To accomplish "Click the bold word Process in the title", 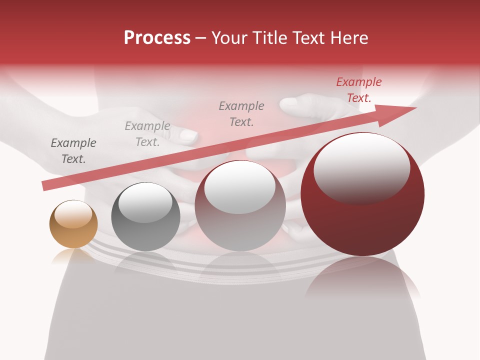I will (x=157, y=38).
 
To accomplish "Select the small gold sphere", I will (x=73, y=224).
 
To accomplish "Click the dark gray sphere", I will (x=145, y=217).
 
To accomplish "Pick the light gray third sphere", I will (x=240, y=206).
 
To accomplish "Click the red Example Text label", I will (x=359, y=90).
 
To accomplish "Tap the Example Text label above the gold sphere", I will (x=73, y=151).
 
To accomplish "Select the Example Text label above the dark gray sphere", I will (x=147, y=134).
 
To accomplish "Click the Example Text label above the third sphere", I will (x=241, y=113).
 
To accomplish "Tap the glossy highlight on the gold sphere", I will (x=73, y=214).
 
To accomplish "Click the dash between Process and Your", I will (x=201, y=38).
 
